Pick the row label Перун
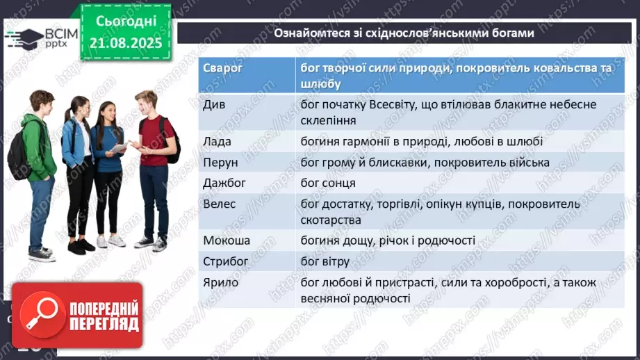[220, 162]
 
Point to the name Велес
[220, 204]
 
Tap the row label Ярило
[220, 282]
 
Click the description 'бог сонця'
[328, 183]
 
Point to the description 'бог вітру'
[325, 261]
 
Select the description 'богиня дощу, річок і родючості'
[388, 240]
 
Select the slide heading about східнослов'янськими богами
[403, 33]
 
